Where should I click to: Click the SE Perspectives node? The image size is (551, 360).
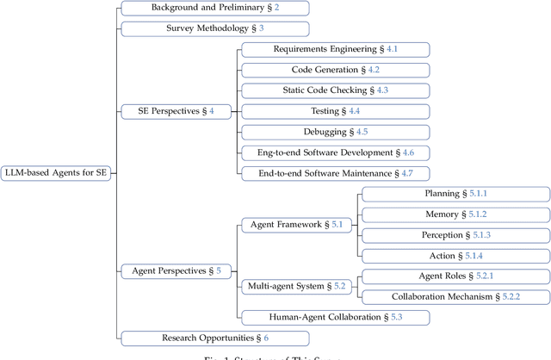click(x=176, y=111)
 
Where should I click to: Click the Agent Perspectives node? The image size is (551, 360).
click(x=176, y=271)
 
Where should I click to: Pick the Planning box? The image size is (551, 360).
click(x=455, y=194)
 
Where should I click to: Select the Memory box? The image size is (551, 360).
click(x=455, y=214)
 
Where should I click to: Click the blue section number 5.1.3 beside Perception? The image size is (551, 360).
click(x=480, y=235)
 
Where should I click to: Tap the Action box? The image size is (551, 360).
click(x=455, y=256)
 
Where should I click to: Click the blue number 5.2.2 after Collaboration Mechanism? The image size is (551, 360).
click(x=511, y=297)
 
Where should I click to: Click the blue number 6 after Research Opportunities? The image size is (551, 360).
click(x=266, y=338)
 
